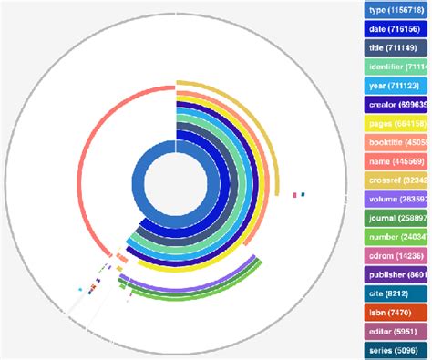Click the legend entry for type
pyautogui.click(x=397, y=10)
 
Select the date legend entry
pyautogui.click(x=397, y=29)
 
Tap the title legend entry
pyautogui.click(x=397, y=48)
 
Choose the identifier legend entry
pyautogui.click(x=397, y=67)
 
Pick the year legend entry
pyautogui.click(x=397, y=86)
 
